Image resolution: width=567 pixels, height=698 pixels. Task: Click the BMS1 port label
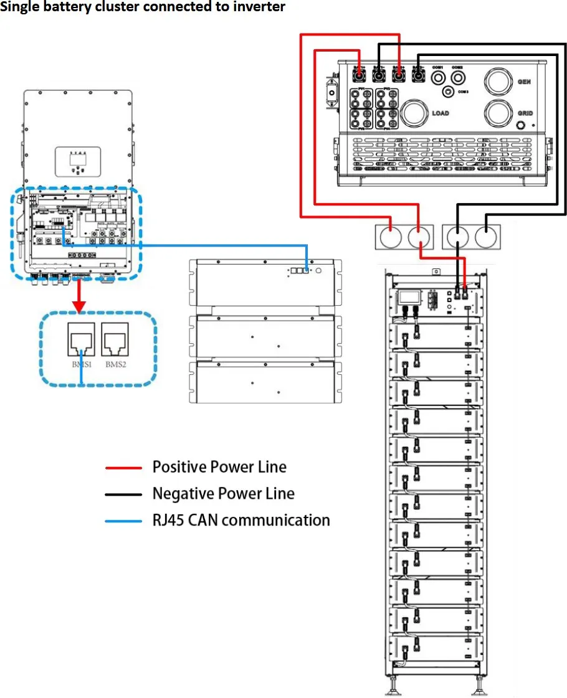82,364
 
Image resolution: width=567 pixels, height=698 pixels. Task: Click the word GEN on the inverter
524,82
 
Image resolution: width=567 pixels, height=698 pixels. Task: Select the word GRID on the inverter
525,114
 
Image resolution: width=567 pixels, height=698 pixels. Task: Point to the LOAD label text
440,113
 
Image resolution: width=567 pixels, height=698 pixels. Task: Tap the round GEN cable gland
498,82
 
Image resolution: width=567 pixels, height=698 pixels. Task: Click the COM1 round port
438,77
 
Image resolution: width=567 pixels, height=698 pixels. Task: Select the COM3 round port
447,92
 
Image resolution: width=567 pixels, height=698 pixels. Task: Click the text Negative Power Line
223,494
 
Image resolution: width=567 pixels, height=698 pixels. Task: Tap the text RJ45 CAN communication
241,520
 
